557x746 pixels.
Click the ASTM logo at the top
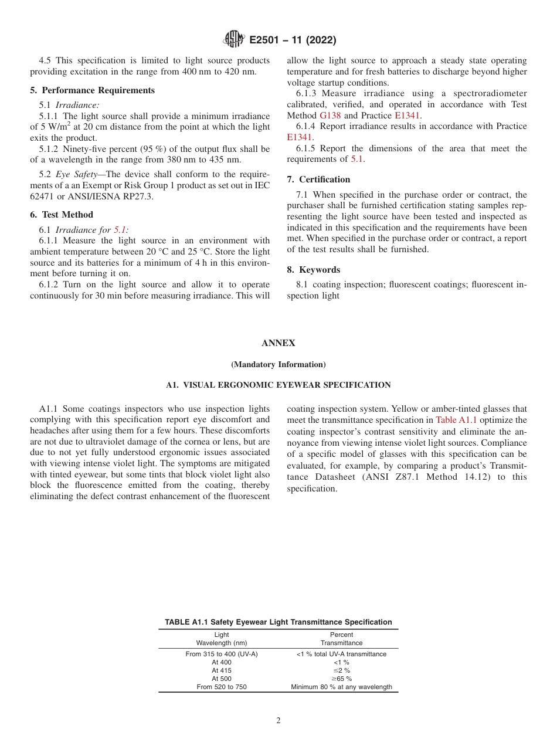point(234,40)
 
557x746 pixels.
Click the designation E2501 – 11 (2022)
point(293,40)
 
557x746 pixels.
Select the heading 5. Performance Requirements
point(93,90)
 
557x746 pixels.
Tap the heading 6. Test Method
point(62,215)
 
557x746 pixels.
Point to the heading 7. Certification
point(318,179)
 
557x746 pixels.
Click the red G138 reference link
point(330,116)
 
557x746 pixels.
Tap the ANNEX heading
point(278,343)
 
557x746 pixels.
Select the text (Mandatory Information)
point(278,364)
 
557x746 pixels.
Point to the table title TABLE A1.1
point(278,622)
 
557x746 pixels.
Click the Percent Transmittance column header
point(341,639)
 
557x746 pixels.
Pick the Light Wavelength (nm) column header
point(222,639)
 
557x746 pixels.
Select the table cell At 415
point(222,670)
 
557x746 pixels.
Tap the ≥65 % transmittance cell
point(341,679)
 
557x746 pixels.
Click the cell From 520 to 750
point(222,687)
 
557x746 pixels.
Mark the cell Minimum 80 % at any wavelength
point(341,687)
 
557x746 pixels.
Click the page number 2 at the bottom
point(278,721)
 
